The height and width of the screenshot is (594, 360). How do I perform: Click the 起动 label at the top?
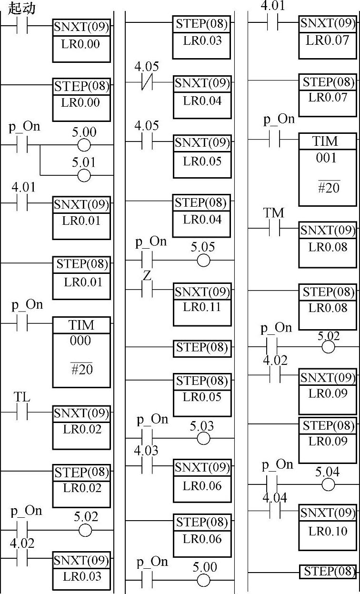22,8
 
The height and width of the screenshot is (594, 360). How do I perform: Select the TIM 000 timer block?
81,352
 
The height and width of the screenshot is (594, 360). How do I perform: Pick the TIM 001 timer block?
327,169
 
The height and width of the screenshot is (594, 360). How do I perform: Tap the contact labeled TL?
22,413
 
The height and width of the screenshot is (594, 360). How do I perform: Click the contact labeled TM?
274,229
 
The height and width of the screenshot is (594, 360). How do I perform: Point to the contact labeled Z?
147,290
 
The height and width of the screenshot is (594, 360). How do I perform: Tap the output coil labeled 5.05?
203,260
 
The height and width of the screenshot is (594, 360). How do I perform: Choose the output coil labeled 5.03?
203,438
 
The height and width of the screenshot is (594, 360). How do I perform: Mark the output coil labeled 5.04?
328,484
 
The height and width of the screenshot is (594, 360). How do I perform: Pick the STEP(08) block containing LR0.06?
202,535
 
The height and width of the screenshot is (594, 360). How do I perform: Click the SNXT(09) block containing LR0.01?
81,217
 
